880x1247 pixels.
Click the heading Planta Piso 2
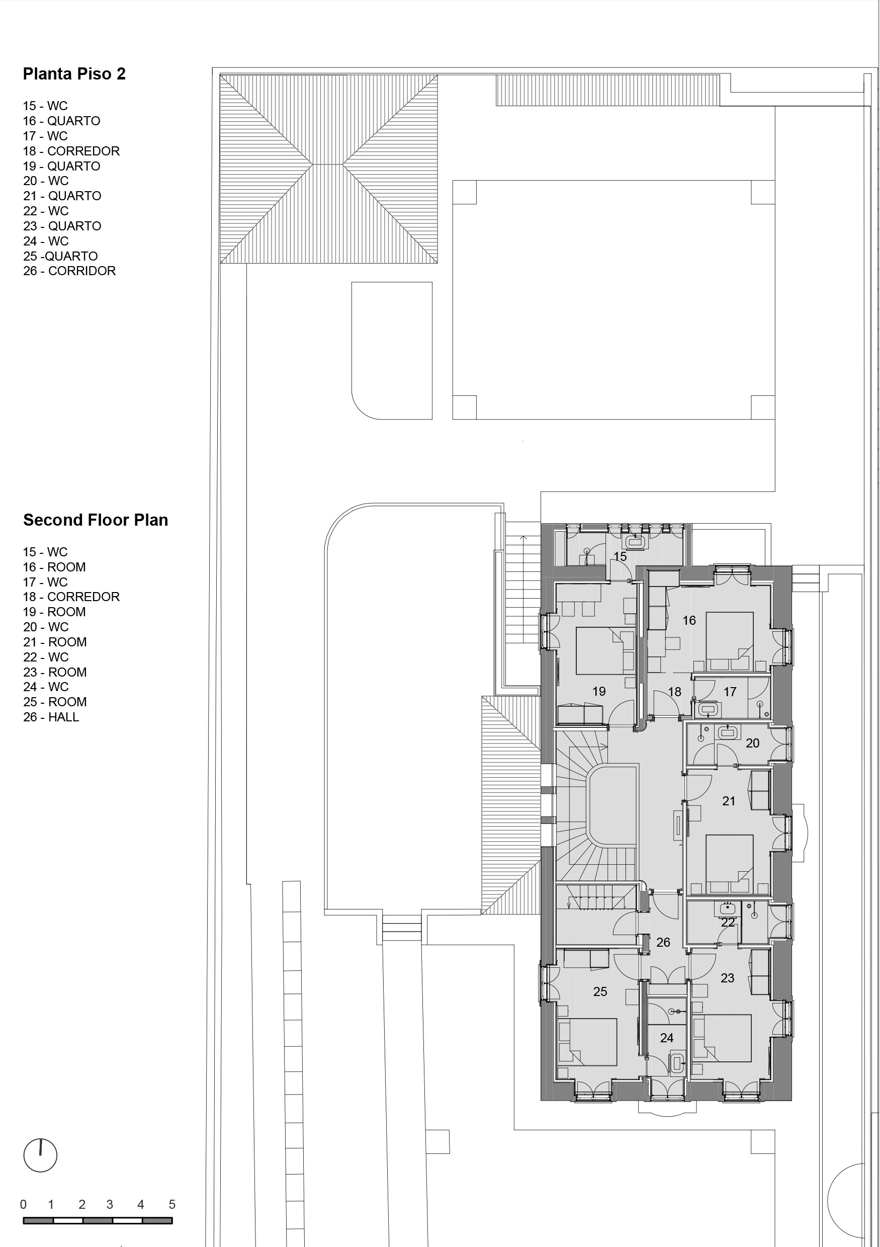point(74,74)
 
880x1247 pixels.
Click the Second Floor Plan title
point(96,520)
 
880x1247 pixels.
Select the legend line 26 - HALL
point(51,717)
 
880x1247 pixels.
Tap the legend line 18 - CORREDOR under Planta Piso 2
point(71,151)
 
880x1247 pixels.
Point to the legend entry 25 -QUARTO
point(60,256)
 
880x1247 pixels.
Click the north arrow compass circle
point(40,1155)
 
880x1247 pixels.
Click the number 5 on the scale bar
point(172,1205)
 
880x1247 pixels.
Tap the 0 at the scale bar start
point(23,1205)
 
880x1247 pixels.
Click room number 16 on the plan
point(689,620)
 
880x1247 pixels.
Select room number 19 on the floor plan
point(599,691)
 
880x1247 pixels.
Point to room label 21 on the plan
point(729,800)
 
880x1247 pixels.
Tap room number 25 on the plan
point(600,992)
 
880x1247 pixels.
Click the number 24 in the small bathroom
point(667,1038)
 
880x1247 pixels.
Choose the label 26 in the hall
point(663,942)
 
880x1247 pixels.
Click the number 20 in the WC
point(752,743)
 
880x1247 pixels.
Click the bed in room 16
point(730,641)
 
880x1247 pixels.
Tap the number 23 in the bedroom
point(728,978)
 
